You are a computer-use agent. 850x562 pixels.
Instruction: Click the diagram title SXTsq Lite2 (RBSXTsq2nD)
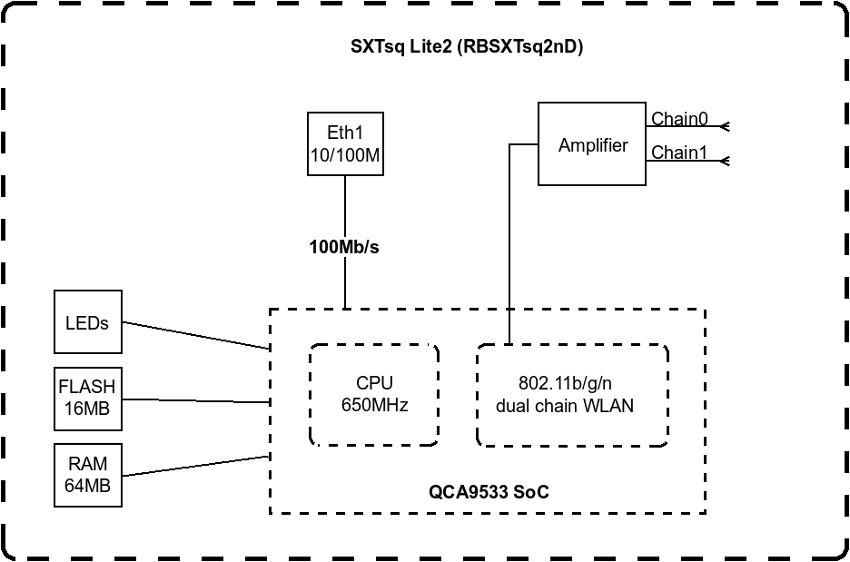click(467, 48)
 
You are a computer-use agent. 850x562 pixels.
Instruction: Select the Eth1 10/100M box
click(344, 144)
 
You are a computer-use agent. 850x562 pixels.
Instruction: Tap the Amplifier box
click(592, 145)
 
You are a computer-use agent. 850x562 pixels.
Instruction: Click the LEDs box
click(87, 322)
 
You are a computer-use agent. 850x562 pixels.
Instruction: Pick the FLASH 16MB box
click(87, 398)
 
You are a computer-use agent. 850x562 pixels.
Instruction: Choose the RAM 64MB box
click(87, 475)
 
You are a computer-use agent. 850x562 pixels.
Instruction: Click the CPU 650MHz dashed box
click(374, 394)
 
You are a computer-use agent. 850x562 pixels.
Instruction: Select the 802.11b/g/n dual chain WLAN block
click(572, 395)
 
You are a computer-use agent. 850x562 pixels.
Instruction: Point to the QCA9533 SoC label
click(489, 492)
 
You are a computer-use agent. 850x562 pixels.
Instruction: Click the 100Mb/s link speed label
click(344, 247)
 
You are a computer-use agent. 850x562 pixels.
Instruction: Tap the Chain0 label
click(679, 119)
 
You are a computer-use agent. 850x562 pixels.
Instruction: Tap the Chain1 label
click(679, 153)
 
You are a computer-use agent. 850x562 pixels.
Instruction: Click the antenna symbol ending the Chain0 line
click(725, 127)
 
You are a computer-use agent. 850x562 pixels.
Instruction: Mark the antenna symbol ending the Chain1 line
click(725, 161)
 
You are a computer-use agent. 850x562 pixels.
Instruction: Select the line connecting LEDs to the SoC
click(195, 335)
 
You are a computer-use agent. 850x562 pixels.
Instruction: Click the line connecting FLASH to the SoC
click(195, 400)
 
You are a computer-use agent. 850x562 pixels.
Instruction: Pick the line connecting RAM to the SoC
click(195, 465)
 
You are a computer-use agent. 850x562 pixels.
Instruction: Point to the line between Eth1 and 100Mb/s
click(344, 205)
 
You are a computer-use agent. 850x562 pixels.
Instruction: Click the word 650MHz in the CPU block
click(374, 405)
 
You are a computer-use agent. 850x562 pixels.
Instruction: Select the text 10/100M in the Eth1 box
click(344, 156)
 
